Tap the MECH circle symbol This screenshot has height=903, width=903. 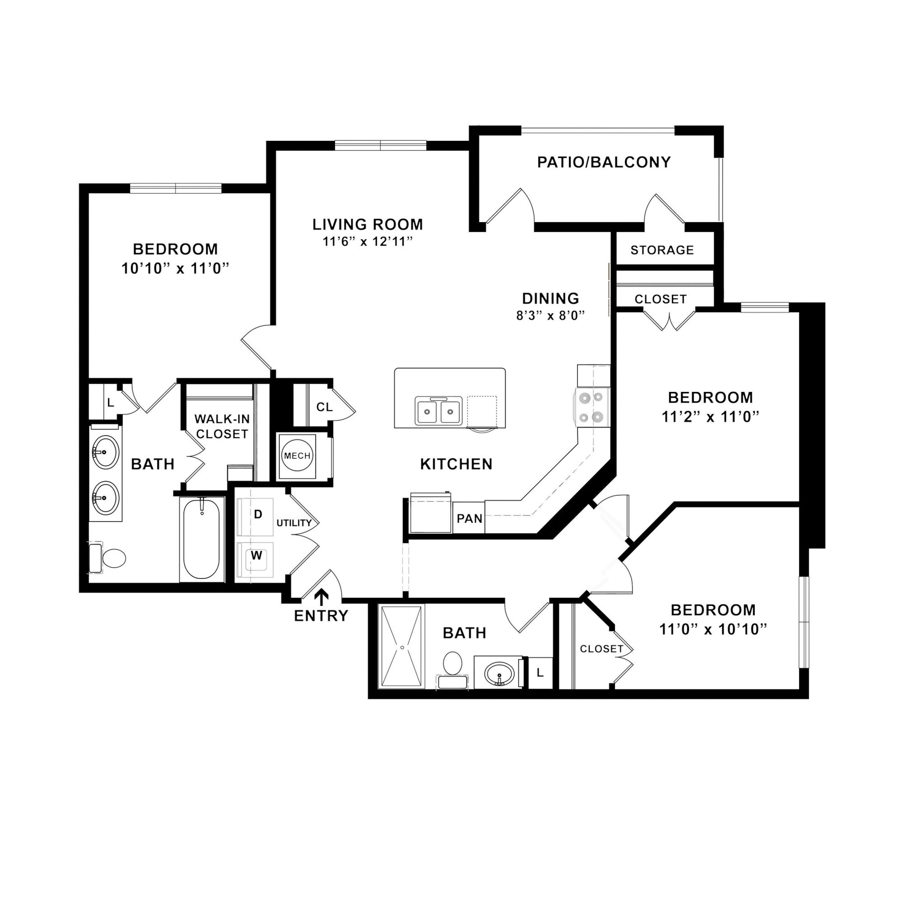click(x=297, y=456)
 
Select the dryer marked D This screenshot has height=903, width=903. click(x=255, y=517)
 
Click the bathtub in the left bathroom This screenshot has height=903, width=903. click(x=202, y=539)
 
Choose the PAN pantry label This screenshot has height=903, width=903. click(x=469, y=518)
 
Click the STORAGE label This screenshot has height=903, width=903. click(x=662, y=250)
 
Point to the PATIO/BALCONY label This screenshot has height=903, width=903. click(x=604, y=162)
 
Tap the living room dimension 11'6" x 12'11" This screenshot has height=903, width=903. click(x=368, y=242)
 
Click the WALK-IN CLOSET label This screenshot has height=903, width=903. click(x=222, y=426)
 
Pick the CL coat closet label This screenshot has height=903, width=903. click(x=324, y=407)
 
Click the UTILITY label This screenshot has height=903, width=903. click(x=294, y=523)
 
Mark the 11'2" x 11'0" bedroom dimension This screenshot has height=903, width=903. click(x=710, y=417)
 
